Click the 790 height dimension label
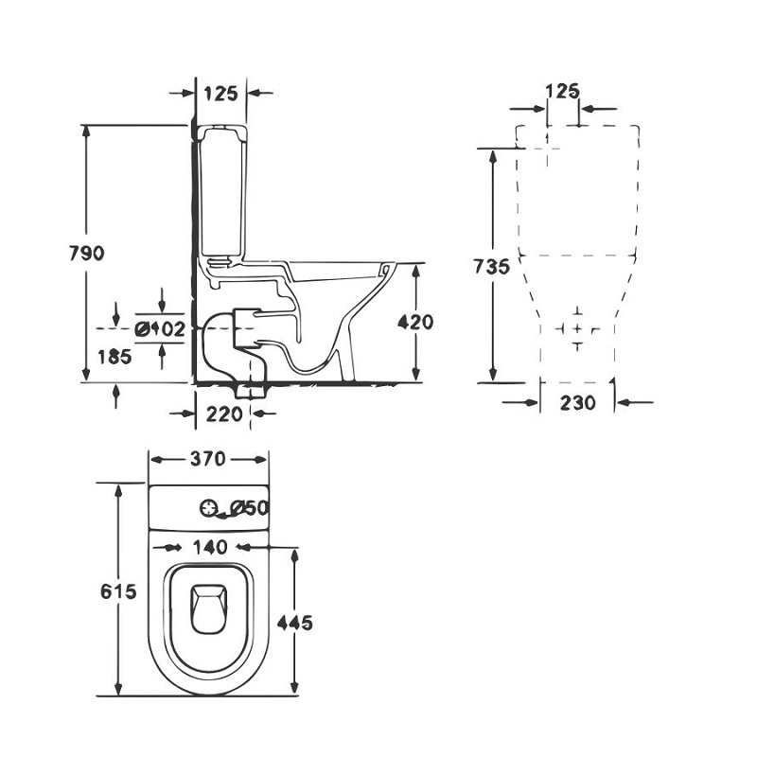[x=86, y=253]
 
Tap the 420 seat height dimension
[x=415, y=322]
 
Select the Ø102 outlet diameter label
[x=160, y=329]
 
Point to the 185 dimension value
[x=114, y=357]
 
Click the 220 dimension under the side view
[x=224, y=414]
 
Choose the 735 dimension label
[x=491, y=267]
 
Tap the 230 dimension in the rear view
[x=578, y=402]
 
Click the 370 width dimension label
[x=207, y=459]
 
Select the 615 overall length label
[x=118, y=590]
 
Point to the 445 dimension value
[x=294, y=623]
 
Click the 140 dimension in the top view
[x=210, y=547]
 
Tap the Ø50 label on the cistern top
[x=249, y=507]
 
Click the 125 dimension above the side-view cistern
[x=220, y=93]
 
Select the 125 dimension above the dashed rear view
[x=562, y=91]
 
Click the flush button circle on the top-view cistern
[x=208, y=508]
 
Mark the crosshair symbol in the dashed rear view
[x=577, y=328]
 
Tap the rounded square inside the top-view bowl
[x=209, y=608]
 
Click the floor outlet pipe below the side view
[x=251, y=391]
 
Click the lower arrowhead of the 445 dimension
[x=294, y=687]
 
